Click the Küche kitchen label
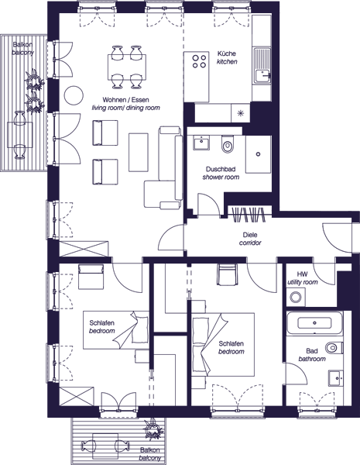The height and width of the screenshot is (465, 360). pos(227,57)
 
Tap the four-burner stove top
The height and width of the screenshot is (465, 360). pos(199,61)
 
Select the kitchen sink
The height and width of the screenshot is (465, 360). pos(262,66)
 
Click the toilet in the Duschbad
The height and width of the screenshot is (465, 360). pos(228,144)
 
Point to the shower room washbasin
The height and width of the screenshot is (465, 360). pos(201,143)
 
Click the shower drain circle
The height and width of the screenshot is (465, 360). pos(258,154)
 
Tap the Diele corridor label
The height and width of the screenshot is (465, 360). pos(250,239)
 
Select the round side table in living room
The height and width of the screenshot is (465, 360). pos(74,95)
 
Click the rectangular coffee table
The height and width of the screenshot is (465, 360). pos(139,152)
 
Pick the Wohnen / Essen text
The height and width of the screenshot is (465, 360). pos(125,100)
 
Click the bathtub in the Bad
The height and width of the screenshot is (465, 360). pos(314,322)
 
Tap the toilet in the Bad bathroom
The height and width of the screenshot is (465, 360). pos(334,347)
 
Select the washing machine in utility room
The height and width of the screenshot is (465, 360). pos(296,297)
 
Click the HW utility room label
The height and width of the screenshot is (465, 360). pos(302,278)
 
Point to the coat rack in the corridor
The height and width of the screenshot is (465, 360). pos(249,214)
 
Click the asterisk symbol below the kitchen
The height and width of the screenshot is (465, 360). pos(241,112)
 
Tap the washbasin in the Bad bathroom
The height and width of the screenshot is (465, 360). pos(336,378)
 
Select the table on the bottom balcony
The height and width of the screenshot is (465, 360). pos(105,446)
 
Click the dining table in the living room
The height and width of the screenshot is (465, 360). pos(127,67)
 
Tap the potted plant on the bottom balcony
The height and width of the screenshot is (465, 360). pos(153,429)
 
